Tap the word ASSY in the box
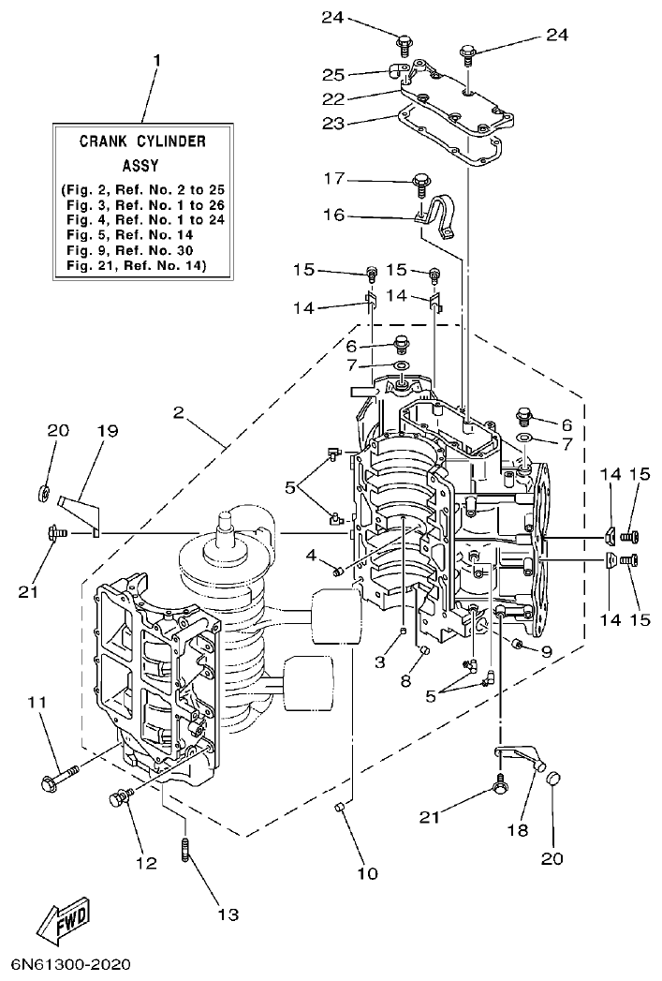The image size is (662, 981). (x=142, y=162)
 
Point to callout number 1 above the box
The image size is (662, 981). (x=156, y=60)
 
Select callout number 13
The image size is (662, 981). (x=228, y=914)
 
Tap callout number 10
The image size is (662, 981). (x=367, y=873)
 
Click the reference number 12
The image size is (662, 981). (x=147, y=862)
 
